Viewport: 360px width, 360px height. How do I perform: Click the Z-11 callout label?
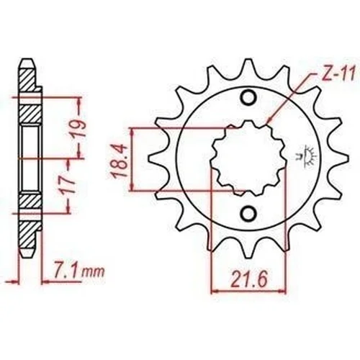[338, 76]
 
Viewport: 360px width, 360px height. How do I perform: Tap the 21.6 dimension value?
[248, 280]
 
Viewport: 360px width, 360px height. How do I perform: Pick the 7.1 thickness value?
[64, 272]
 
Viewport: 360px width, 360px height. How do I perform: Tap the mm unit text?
[93, 273]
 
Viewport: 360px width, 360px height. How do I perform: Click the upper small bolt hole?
[248, 98]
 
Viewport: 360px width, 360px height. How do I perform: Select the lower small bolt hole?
[248, 212]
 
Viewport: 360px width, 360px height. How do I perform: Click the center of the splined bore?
[248, 158]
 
